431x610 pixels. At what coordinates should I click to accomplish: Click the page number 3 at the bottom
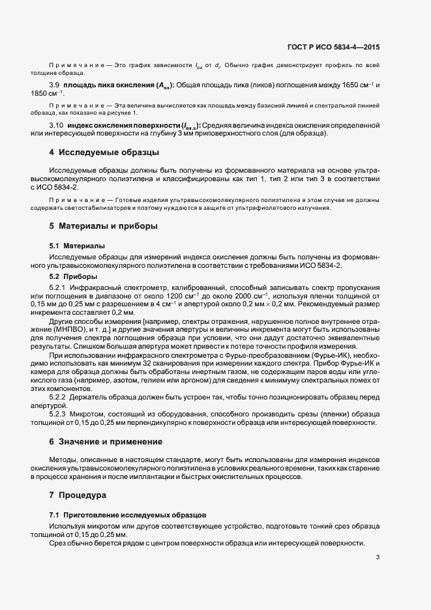378,557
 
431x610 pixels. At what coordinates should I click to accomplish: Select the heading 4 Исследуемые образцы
104,153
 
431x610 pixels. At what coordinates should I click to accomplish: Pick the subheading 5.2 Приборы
73,276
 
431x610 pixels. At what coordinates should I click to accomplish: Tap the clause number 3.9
55,85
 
